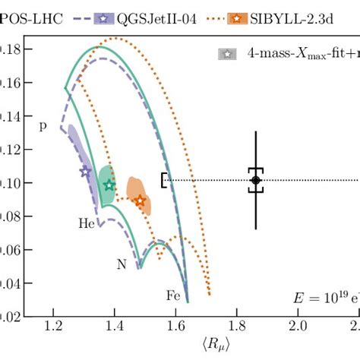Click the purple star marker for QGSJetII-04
point(85,172)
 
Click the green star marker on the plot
point(109,185)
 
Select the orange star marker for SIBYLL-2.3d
point(140,201)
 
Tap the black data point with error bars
point(255,180)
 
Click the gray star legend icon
point(226,55)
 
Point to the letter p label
point(43,126)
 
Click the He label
point(87,224)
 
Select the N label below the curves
point(122,264)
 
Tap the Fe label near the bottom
point(173,295)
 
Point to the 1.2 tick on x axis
point(53,327)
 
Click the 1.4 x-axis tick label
point(115,327)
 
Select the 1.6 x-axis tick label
point(176,327)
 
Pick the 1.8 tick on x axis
point(238,327)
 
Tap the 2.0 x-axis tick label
point(299,327)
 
